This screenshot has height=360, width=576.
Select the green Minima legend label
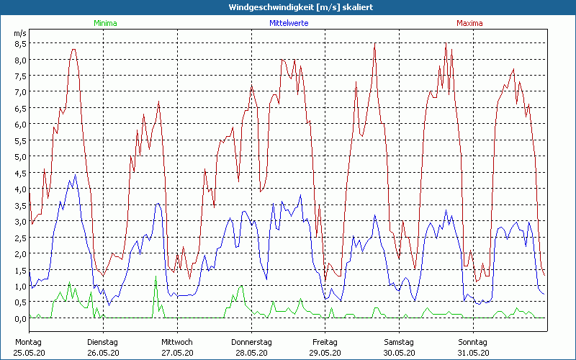tap(105, 23)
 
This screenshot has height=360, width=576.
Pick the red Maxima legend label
tap(469, 23)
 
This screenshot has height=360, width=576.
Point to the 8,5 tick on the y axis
tap(20, 43)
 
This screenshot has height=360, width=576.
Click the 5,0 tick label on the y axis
tap(20, 156)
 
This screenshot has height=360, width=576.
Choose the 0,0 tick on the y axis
tap(20, 318)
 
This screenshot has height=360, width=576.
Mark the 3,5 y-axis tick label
tap(20, 205)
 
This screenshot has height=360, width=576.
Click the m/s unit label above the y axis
tap(19, 33)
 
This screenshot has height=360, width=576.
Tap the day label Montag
tap(28, 342)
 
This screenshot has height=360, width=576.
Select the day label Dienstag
tap(102, 342)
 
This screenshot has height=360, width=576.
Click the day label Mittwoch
tap(176, 342)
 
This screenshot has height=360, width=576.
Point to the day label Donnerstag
tap(251, 342)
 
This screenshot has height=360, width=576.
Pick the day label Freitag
tap(325, 342)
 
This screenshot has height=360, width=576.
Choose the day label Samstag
tap(399, 342)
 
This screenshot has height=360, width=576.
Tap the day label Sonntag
tap(473, 342)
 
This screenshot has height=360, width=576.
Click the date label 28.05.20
tap(251, 353)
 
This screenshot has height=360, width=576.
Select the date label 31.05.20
tap(473, 353)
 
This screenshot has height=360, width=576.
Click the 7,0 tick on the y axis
tap(20, 91)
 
